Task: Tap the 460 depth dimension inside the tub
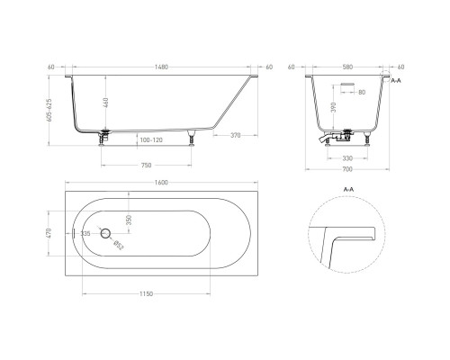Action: (x=106, y=103)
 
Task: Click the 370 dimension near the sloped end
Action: (x=233, y=135)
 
